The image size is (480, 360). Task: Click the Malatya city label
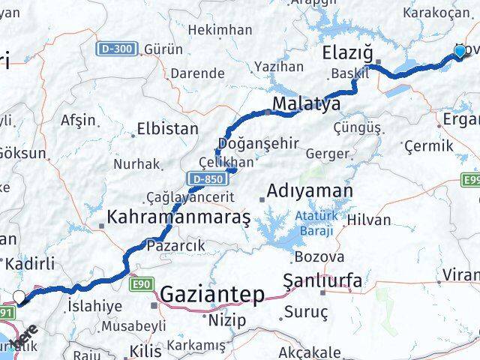pos(306,103)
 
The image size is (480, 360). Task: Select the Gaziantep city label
pos(213,294)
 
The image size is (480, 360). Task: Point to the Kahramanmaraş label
pos(178,217)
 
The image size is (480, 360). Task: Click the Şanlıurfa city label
pos(322,281)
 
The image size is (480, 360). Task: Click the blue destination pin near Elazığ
pos(460,51)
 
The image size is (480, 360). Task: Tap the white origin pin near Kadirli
pos(19,297)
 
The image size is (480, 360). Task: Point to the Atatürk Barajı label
pos(313,224)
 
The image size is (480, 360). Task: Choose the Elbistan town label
pos(167,129)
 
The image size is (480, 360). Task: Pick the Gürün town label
pos(164,49)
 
